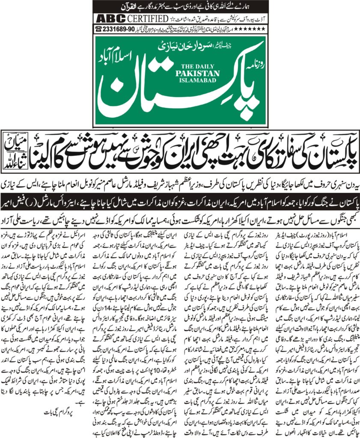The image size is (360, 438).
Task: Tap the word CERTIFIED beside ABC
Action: [146, 19]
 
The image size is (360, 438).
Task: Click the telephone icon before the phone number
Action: [99, 29]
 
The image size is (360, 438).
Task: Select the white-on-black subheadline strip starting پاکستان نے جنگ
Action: [180, 199]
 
